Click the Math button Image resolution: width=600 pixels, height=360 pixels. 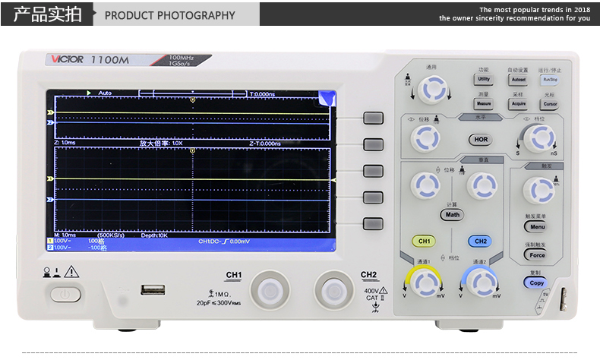(x=453, y=214)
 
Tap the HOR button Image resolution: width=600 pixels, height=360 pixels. (x=481, y=140)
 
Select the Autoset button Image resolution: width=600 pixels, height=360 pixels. (x=518, y=79)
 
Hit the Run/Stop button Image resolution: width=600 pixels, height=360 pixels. (x=549, y=79)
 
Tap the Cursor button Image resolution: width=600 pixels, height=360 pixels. (x=549, y=104)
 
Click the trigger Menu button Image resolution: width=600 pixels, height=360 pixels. (x=536, y=226)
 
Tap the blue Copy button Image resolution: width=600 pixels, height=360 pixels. (x=536, y=283)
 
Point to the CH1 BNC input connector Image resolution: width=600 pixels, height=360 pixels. (x=267, y=289)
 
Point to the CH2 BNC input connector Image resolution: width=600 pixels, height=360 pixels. (x=332, y=289)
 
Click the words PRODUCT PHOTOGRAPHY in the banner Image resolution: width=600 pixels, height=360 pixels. (x=169, y=15)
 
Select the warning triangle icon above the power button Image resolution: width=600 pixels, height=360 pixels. (x=72, y=271)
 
